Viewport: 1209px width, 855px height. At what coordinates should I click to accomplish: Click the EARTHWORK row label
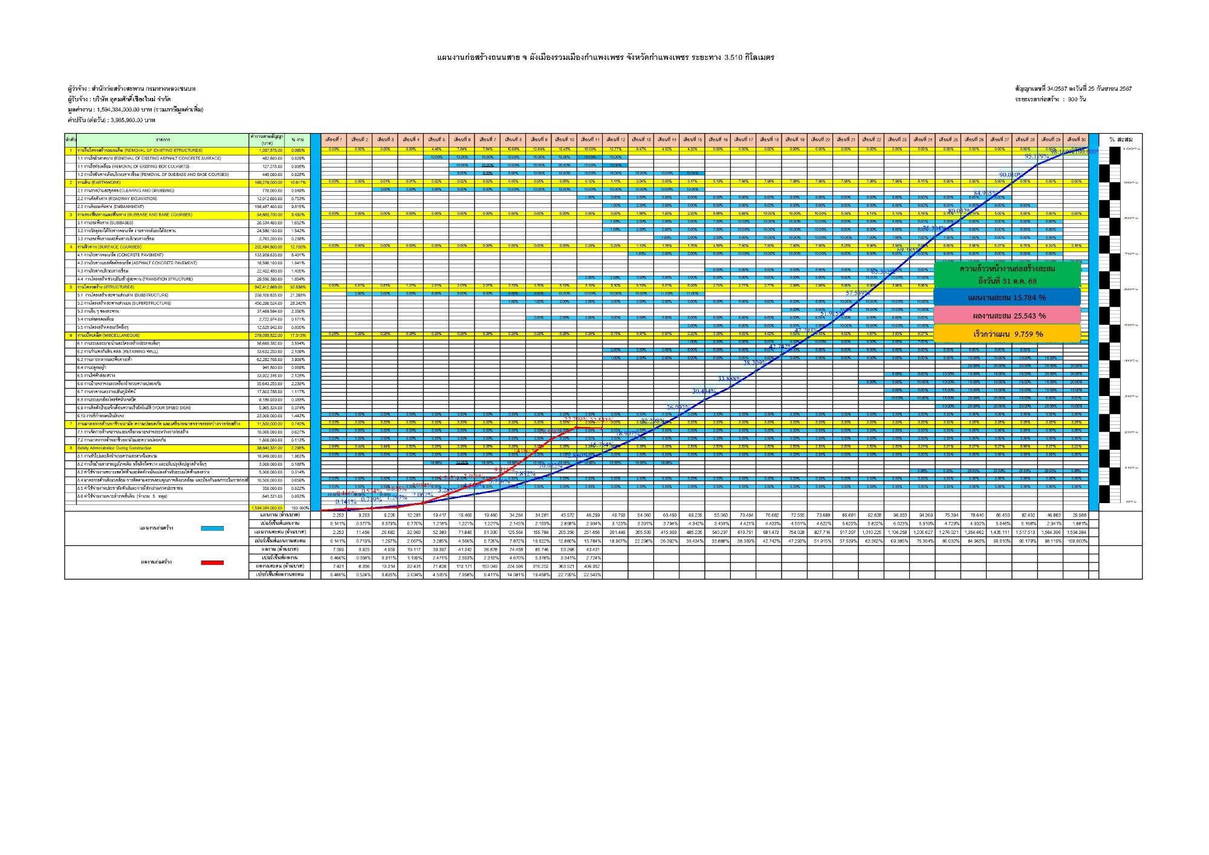pyautogui.click(x=99, y=183)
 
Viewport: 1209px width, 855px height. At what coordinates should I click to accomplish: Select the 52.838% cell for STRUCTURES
pyautogui.click(x=297, y=287)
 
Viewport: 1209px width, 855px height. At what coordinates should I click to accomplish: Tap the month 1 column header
pyautogui.click(x=333, y=140)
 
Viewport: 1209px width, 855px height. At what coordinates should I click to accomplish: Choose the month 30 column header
pyautogui.click(x=1076, y=140)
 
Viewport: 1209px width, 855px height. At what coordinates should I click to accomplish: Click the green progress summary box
pyautogui.click(x=1006, y=275)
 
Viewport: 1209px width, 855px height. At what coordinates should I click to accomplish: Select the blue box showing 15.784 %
pyautogui.click(x=1006, y=297)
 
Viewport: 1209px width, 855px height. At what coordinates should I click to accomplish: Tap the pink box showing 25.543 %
pyautogui.click(x=1006, y=316)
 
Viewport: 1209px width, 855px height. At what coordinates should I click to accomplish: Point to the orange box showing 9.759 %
pyautogui.click(x=1006, y=334)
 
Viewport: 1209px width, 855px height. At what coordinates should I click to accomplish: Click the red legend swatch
pyautogui.click(x=212, y=562)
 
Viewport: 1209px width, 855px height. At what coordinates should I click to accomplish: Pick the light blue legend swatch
pyautogui.click(x=212, y=528)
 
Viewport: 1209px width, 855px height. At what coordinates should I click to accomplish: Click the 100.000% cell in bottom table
pyautogui.click(x=1076, y=541)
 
